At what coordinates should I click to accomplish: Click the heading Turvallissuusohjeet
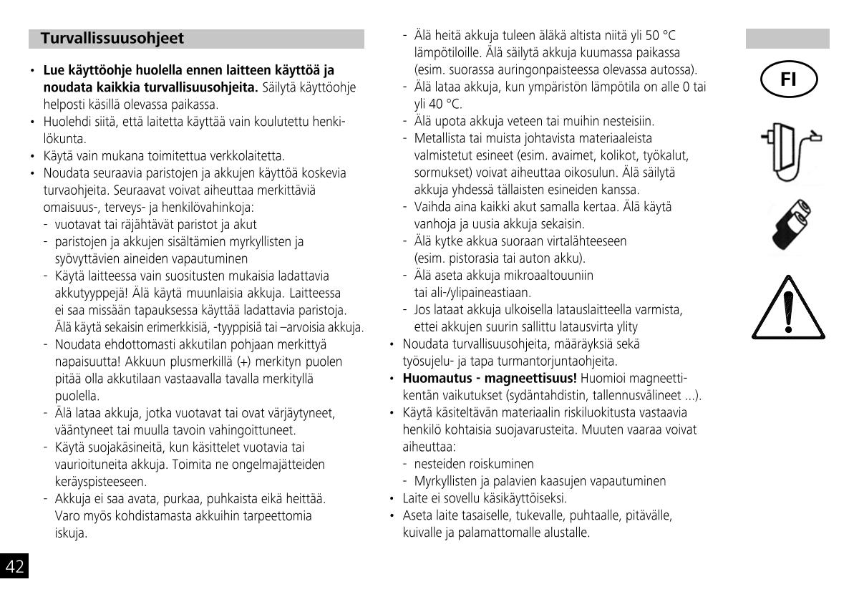tap(112, 39)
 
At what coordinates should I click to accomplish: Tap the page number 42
tap(14, 567)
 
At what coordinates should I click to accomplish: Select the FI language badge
tap(787, 79)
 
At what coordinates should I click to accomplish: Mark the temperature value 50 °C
tap(659, 36)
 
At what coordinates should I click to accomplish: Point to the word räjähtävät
tap(118, 224)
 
